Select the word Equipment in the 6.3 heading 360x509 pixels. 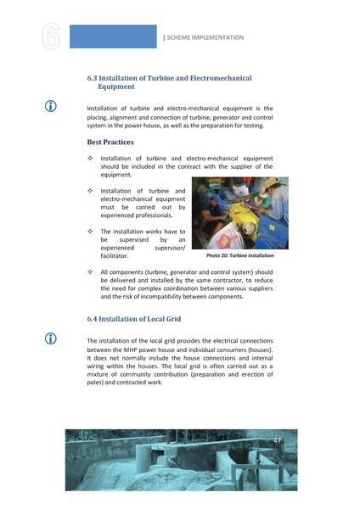[x=121, y=87]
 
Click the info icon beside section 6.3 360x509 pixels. [x=51, y=108]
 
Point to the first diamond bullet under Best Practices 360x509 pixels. [x=91, y=158]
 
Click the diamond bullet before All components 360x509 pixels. [x=91, y=271]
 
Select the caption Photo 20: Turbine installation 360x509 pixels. [x=240, y=255]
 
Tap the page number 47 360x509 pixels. [x=277, y=440]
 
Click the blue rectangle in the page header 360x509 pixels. [x=113, y=36]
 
